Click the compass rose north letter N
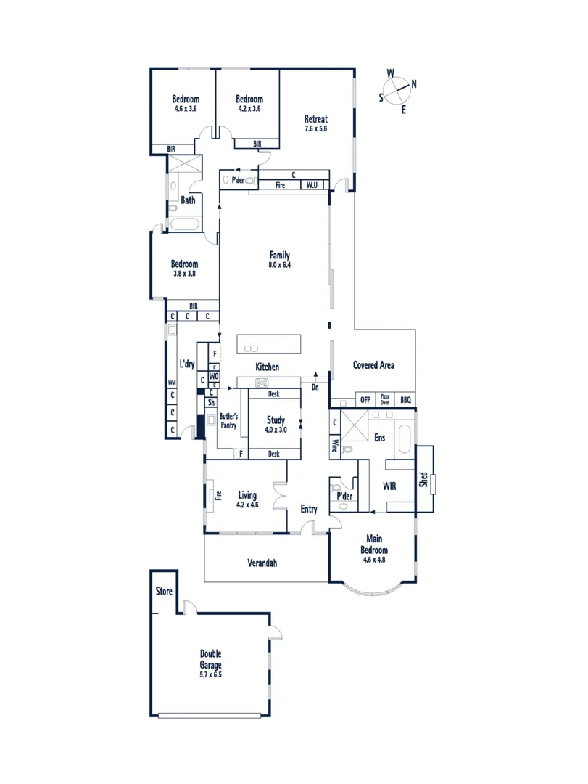414,83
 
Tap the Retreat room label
316,120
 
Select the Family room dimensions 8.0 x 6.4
280,265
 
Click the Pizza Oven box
386,400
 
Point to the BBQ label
406,400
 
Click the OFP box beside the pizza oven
365,400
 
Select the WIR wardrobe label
389,486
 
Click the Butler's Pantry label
229,421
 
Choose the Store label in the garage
165,591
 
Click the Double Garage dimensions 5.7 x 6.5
211,674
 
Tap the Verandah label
262,563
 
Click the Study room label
275,420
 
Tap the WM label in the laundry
172,383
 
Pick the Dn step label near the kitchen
315,388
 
